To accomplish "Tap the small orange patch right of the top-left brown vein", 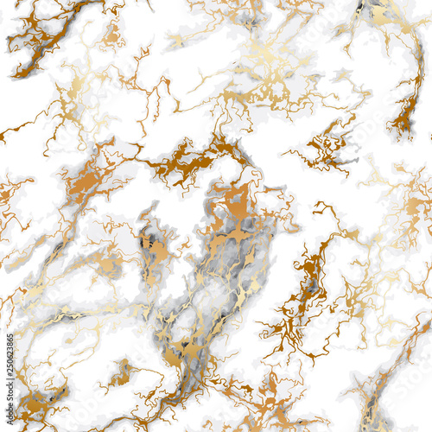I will pyautogui.click(x=111, y=35).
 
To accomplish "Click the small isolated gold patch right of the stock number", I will pyautogui.click(x=121, y=372).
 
